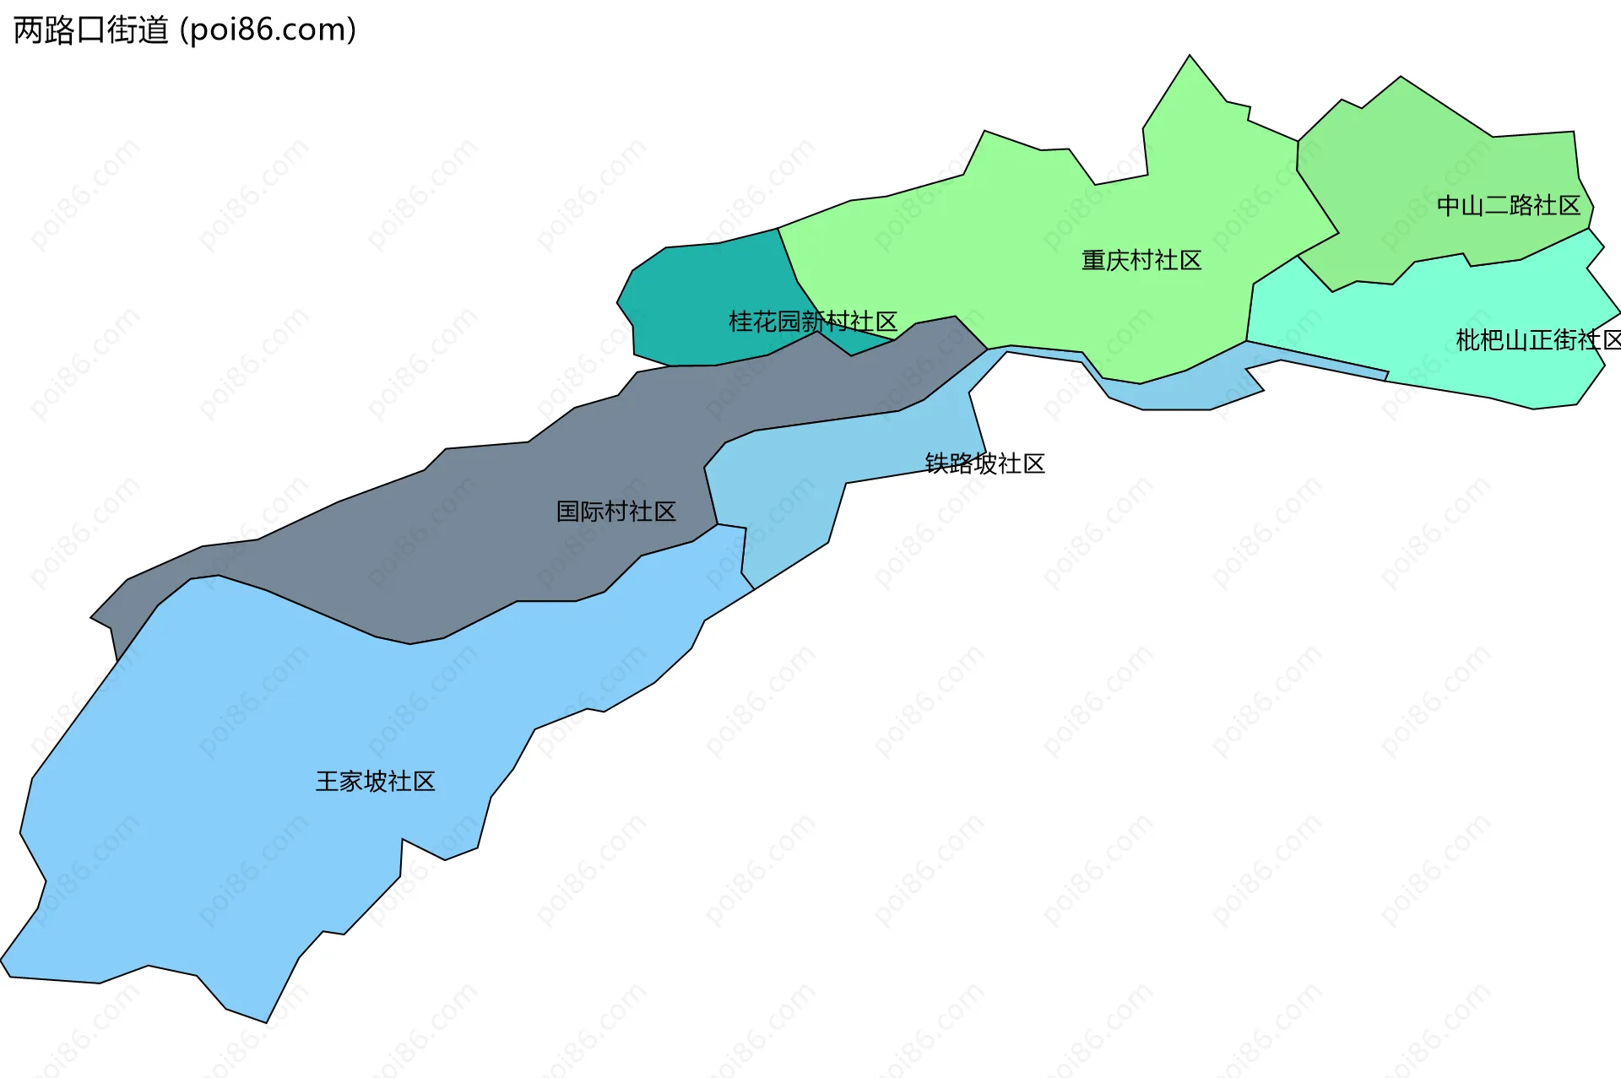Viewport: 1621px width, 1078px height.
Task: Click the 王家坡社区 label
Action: [x=375, y=781]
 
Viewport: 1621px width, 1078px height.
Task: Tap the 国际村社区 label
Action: [x=615, y=511]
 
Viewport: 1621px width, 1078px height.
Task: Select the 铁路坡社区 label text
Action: [x=984, y=463]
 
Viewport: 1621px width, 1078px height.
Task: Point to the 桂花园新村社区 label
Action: [x=812, y=322]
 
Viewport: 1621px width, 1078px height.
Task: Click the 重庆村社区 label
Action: [x=1141, y=260]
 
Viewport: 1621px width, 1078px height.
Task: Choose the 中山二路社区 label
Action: [x=1508, y=205]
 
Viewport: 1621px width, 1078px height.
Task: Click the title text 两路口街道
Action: [x=91, y=30]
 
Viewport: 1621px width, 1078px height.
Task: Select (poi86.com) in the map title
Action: [x=268, y=30]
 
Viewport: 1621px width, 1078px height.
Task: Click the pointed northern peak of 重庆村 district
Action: [x=1190, y=57]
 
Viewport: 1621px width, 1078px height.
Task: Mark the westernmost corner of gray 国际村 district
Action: [x=92, y=617]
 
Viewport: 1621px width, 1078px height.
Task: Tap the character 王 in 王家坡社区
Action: [x=327, y=781]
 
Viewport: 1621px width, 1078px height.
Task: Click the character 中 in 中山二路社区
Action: [x=1448, y=205]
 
